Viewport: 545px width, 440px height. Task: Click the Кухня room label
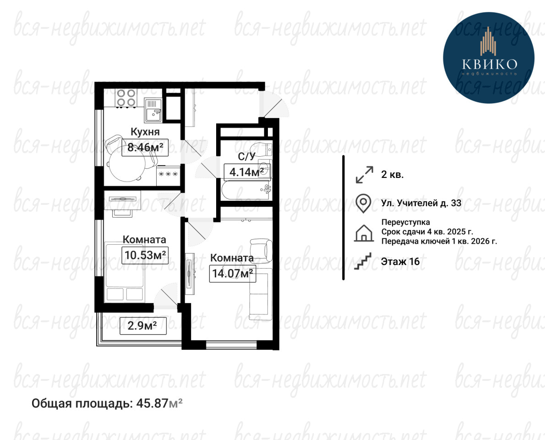(145, 132)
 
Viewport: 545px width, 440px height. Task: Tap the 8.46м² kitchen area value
(145, 147)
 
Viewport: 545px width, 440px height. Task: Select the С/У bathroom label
(246, 157)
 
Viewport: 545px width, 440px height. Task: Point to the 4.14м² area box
(247, 171)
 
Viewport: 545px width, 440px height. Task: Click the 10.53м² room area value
(145, 255)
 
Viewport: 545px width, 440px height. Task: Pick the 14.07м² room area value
(233, 273)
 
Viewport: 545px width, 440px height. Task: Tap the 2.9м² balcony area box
(142, 326)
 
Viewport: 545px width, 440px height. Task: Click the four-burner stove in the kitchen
(126, 98)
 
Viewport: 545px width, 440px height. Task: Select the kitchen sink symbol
(153, 110)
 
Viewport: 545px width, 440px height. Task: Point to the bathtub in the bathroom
(246, 190)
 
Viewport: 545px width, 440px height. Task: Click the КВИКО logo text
(490, 64)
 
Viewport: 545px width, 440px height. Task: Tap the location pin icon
(363, 203)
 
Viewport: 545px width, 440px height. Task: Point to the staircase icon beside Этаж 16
(363, 261)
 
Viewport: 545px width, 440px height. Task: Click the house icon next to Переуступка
(364, 233)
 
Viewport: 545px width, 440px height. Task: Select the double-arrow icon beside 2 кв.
(364, 175)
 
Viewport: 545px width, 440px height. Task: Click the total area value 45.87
(152, 403)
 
